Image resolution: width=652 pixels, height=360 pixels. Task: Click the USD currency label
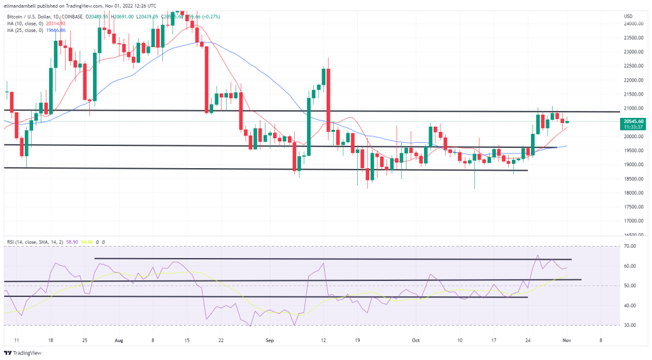click(x=628, y=15)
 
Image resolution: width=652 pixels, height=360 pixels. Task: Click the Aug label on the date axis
click(x=118, y=340)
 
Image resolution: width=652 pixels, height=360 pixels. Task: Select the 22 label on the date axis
click(x=220, y=340)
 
